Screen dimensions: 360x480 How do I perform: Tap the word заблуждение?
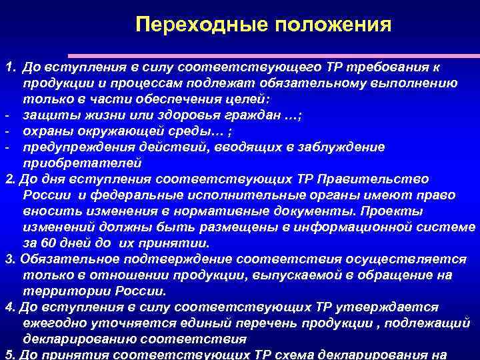(x=323, y=147)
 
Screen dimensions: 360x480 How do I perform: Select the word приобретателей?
(x=83, y=163)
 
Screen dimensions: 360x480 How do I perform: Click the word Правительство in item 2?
(x=373, y=179)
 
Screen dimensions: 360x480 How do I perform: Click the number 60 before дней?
(x=49, y=243)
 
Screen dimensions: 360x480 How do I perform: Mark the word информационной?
(x=361, y=227)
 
